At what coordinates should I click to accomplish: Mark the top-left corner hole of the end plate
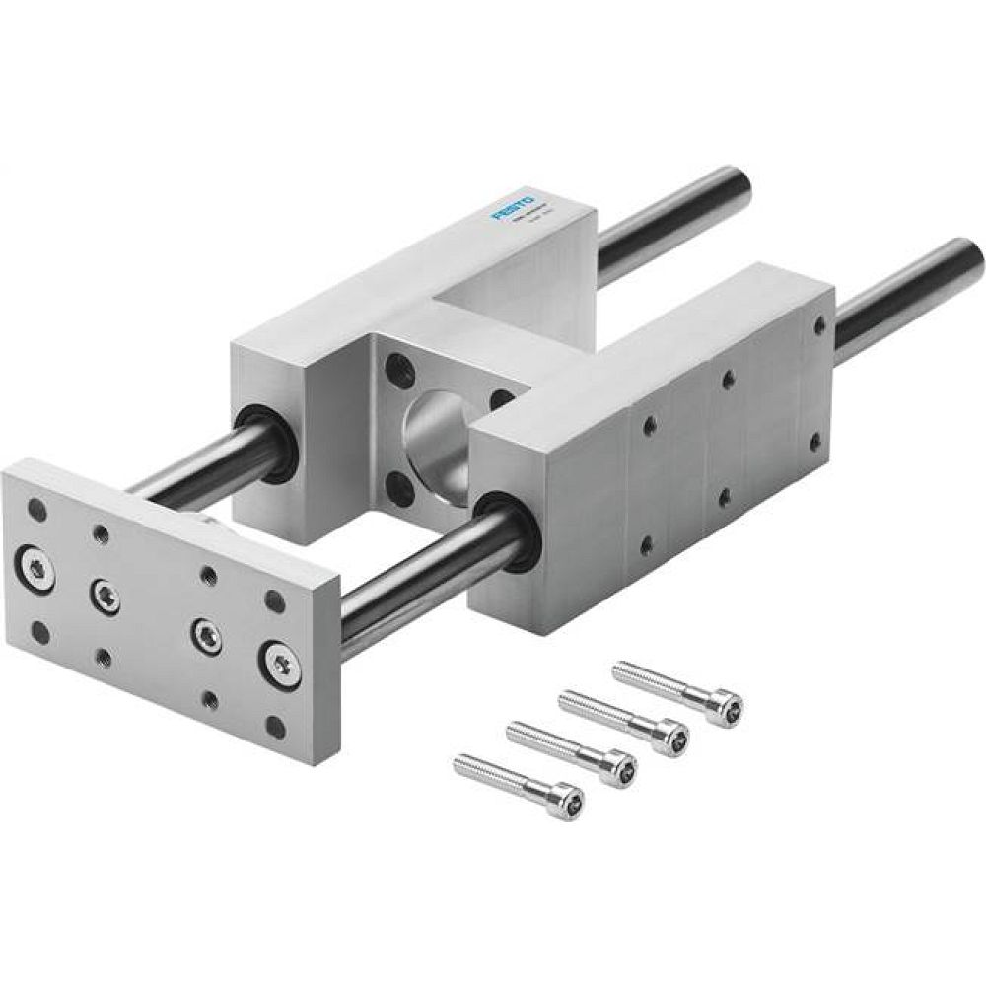pos(37,511)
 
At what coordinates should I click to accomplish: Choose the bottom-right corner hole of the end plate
pos(275,729)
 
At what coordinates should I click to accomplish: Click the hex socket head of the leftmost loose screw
pos(565,798)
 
